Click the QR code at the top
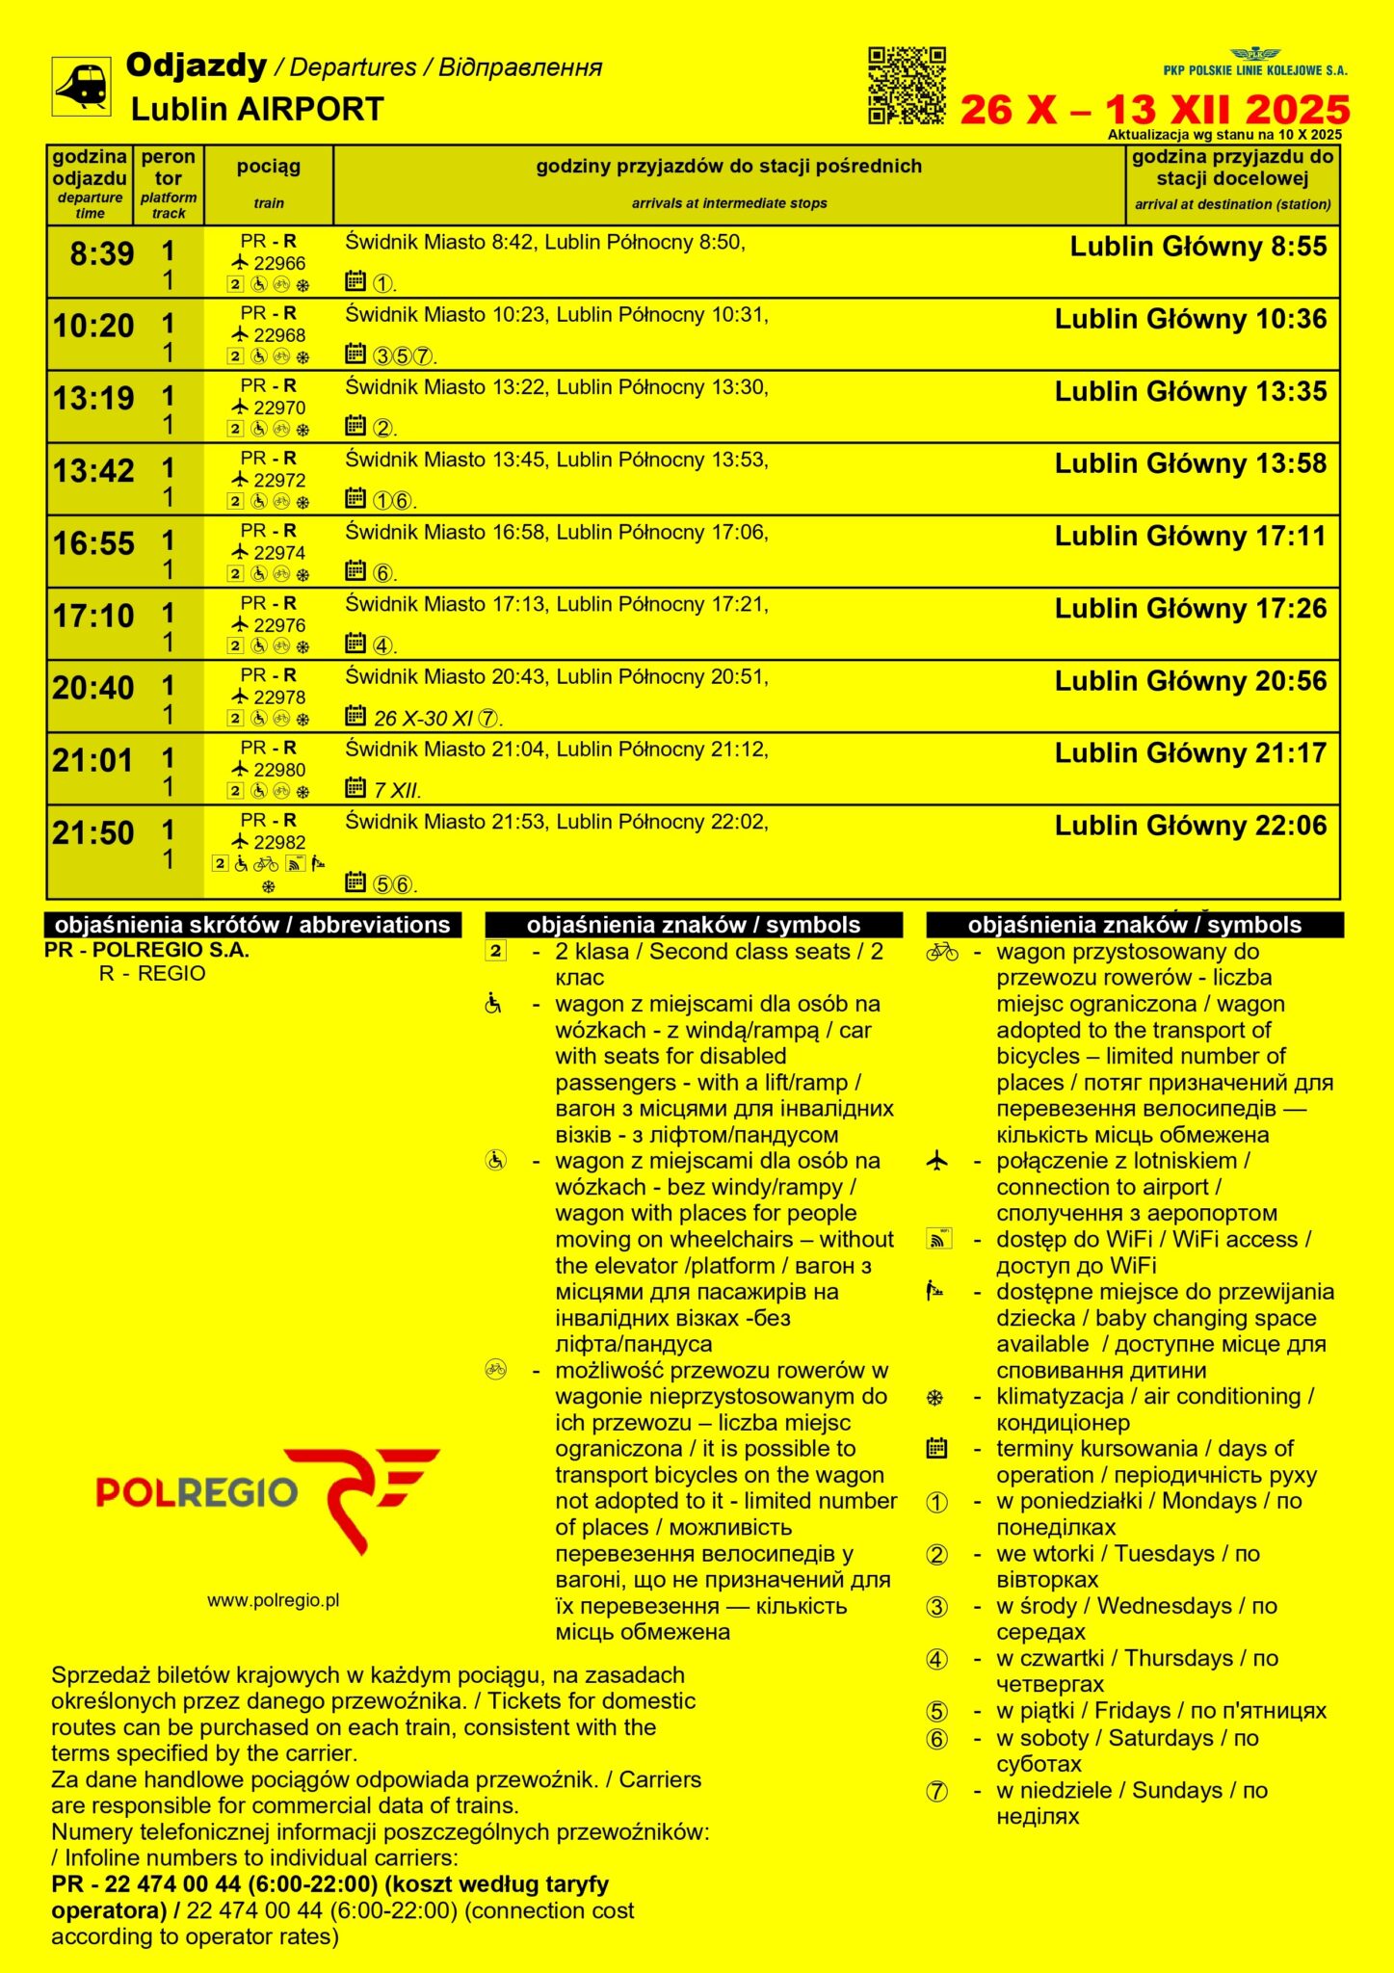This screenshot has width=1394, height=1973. pyautogui.click(x=907, y=86)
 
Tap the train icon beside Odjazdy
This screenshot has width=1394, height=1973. pyautogui.click(x=81, y=87)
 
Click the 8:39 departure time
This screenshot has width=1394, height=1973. pyautogui.click(x=101, y=253)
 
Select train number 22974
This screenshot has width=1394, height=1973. pyautogui.click(x=279, y=553)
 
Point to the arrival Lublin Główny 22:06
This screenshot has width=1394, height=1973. pyautogui.click(x=1191, y=826)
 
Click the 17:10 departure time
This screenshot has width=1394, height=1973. pyautogui.click(x=93, y=616)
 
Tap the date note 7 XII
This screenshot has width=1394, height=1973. pyautogui.click(x=397, y=791)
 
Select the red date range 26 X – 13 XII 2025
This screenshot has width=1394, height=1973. pyautogui.click(x=1154, y=110)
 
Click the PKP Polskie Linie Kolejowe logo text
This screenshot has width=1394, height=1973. pyautogui.click(x=1255, y=70)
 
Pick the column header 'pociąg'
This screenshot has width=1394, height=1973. pyautogui.click(x=269, y=167)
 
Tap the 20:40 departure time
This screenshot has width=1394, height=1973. pyautogui.click(x=93, y=688)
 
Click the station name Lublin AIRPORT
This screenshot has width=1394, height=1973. pyautogui.click(x=257, y=109)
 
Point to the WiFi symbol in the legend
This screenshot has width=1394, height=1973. pyautogui.click(x=938, y=1239)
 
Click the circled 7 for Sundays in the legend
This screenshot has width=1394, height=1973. pyautogui.click(x=936, y=1792)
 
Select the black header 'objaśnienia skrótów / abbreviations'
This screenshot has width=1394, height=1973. pyautogui.click(x=252, y=925)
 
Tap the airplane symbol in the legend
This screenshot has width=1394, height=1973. pyautogui.click(x=936, y=1161)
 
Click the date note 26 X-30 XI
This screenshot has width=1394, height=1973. pyautogui.click(x=423, y=719)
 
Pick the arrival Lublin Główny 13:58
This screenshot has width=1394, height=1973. pyautogui.click(x=1191, y=463)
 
